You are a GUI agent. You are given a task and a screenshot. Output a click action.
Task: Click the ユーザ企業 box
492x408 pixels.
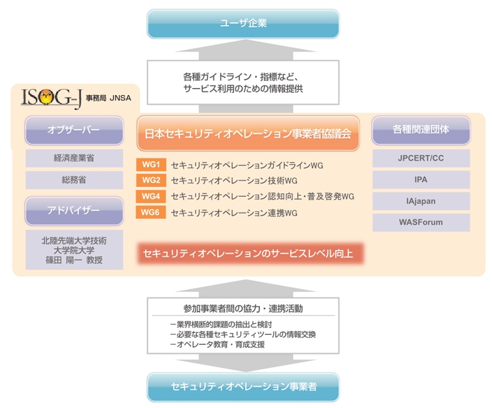coord(243,24)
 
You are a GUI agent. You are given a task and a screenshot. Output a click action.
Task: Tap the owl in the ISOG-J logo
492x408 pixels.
coord(46,97)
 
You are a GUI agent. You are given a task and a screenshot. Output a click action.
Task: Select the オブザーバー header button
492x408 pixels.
coord(74,130)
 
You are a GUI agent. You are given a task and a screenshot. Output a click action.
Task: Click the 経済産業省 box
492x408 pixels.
coord(74,158)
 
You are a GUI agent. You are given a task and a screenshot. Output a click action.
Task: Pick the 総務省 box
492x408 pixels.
coord(74,180)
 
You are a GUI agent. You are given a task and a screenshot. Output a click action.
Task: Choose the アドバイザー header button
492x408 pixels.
coord(74,211)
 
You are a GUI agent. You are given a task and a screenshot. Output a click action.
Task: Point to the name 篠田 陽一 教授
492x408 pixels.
coord(74,260)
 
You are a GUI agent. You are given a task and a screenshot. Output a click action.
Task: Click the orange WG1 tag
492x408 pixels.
coord(151,165)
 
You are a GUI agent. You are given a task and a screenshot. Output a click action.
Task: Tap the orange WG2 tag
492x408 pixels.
coord(151,181)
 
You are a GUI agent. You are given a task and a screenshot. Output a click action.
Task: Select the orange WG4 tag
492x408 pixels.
coord(151,196)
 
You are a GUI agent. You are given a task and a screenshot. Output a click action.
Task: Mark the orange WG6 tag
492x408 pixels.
coord(151,212)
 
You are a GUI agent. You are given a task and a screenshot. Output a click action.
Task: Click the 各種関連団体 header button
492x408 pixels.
coord(421,130)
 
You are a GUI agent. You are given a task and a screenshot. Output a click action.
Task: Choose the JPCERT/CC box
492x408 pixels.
coord(421,158)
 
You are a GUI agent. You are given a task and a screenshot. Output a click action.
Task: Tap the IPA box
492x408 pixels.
coord(421,180)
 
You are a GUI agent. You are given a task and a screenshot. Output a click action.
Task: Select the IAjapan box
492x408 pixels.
coord(421,201)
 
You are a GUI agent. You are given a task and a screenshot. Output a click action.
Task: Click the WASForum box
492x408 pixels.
coord(421,222)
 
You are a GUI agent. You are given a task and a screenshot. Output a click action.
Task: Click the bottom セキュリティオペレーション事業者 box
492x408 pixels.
coord(243,387)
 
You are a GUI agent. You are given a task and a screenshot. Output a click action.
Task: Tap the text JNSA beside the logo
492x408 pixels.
coord(120,98)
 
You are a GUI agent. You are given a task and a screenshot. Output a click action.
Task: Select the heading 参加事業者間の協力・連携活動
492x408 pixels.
coord(243,309)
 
